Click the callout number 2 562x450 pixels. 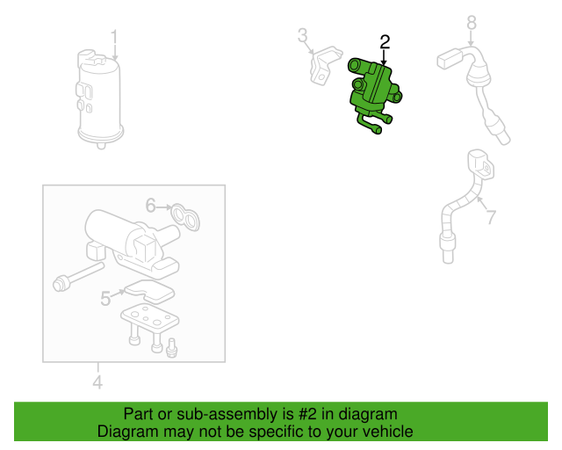pos(384,41)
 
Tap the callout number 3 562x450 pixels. pos(302,36)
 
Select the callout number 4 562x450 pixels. pos(97,381)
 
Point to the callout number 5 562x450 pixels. pos(105,299)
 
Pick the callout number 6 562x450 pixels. pos(150,206)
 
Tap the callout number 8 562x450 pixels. pos(472,21)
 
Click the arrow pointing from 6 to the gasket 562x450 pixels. pos(163,207)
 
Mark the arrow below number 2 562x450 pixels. pos(384,55)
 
